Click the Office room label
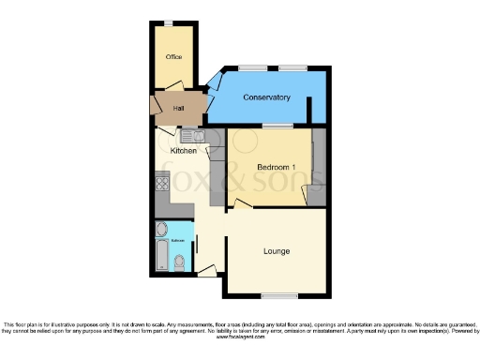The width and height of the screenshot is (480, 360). coord(173,57)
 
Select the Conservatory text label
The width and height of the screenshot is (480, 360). coord(266,98)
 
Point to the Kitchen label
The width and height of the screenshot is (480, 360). coord(183,150)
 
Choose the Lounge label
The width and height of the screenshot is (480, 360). coord(277,251)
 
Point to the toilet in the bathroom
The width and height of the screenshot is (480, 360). coord(179,265)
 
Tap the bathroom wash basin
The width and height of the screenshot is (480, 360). coord(159,229)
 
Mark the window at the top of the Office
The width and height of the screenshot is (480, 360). coord(169,22)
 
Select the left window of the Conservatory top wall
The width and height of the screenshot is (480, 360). coord(251,68)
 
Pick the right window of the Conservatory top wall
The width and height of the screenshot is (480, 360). coord(290,68)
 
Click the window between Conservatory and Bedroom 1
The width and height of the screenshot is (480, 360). coord(277,125)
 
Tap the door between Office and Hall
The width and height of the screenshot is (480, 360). coord(178,90)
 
